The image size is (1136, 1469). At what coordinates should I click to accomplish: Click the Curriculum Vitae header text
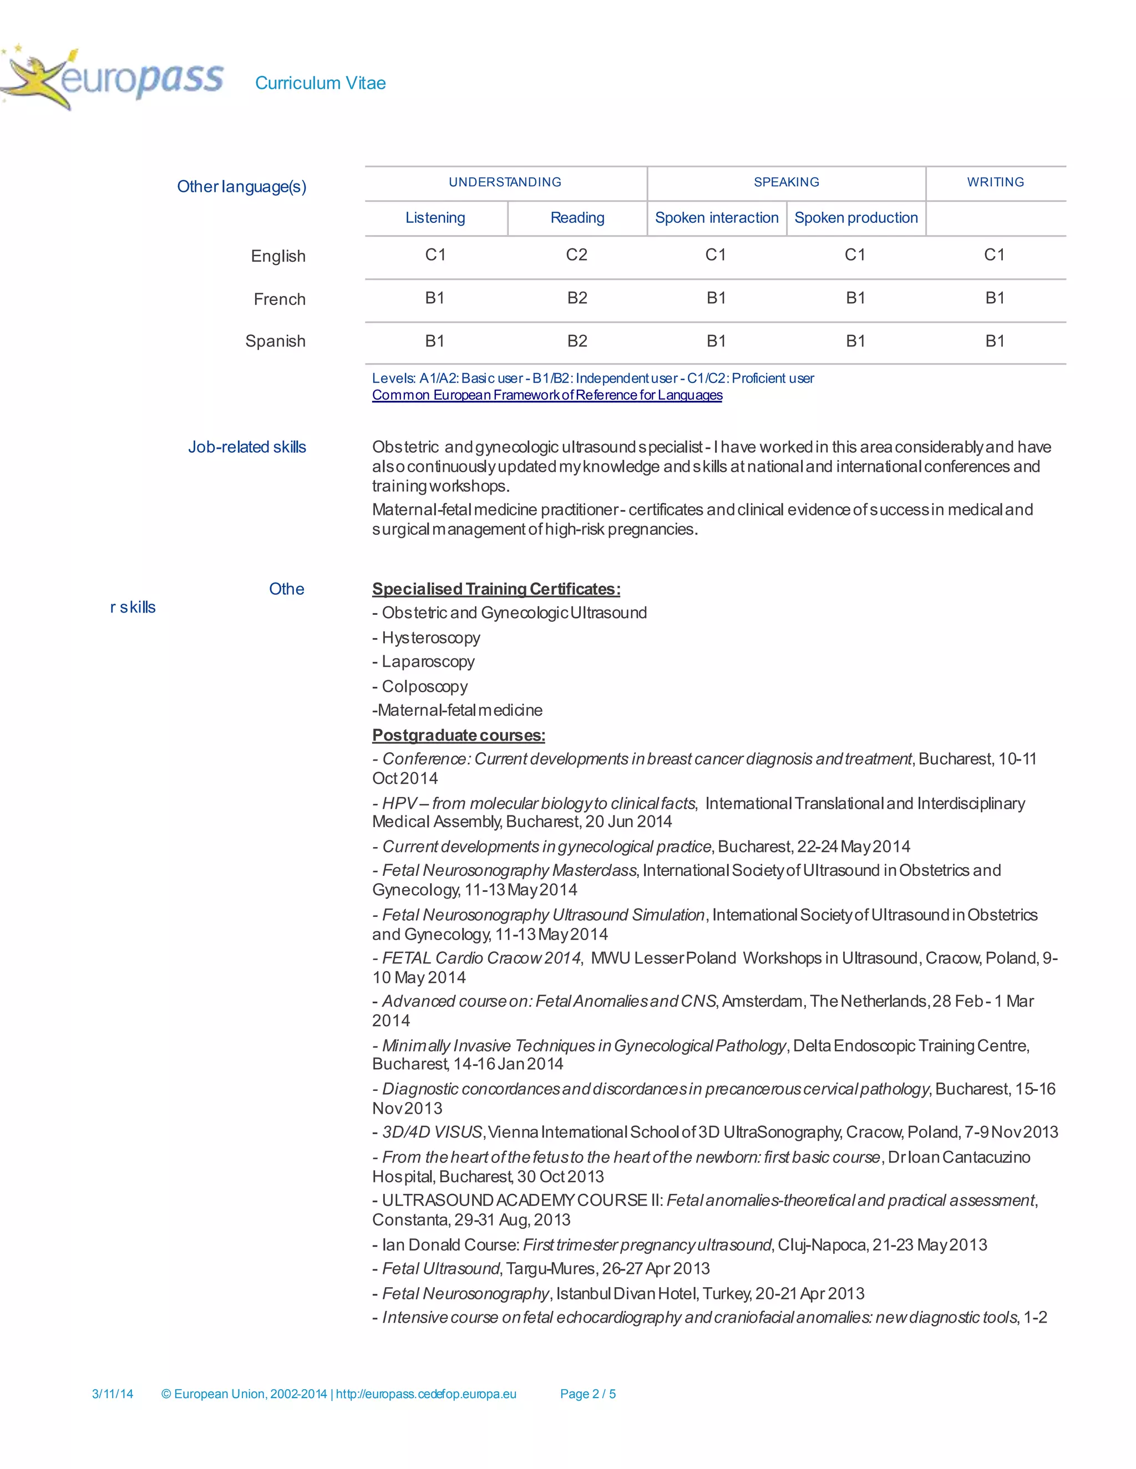(x=321, y=83)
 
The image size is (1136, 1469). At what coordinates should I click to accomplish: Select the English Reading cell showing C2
(x=577, y=255)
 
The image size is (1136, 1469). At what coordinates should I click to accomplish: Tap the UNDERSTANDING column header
(x=505, y=182)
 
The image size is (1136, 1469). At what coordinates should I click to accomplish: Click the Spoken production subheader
(x=855, y=218)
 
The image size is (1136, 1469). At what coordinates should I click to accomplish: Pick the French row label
(x=280, y=299)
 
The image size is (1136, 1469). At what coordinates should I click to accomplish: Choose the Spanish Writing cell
(x=995, y=341)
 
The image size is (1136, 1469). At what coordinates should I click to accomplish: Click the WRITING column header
(x=995, y=182)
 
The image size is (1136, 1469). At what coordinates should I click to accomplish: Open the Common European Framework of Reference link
(x=546, y=395)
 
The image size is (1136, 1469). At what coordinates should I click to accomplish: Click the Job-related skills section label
(x=247, y=447)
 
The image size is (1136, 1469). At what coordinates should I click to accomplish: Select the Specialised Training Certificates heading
(x=496, y=589)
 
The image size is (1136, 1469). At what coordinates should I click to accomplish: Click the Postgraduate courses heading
(x=458, y=735)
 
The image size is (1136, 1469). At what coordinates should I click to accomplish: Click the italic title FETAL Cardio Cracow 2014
(x=480, y=958)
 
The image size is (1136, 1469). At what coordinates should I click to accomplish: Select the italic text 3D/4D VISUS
(x=432, y=1132)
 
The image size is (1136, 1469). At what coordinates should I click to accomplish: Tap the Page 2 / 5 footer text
(x=587, y=1394)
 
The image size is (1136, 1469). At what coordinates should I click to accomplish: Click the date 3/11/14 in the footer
(x=113, y=1394)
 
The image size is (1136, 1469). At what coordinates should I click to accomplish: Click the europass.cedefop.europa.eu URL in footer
(x=426, y=1394)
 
